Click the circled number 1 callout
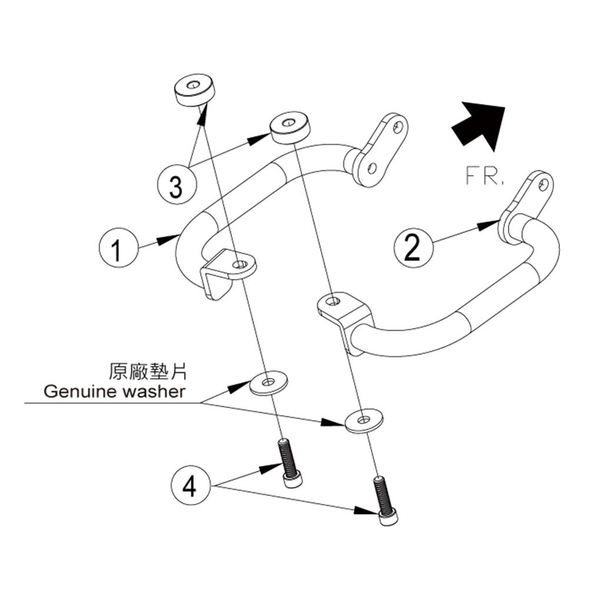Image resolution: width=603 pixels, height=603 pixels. (x=118, y=250)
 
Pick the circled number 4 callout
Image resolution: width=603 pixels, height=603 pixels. (x=190, y=488)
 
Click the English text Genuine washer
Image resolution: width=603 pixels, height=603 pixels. (x=114, y=392)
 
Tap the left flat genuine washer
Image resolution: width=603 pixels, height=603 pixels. (x=270, y=383)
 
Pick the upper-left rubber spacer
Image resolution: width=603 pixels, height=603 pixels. (x=194, y=90)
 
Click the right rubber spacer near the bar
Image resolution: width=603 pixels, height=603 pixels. (x=290, y=129)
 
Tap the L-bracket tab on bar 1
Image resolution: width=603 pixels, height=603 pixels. (x=231, y=271)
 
